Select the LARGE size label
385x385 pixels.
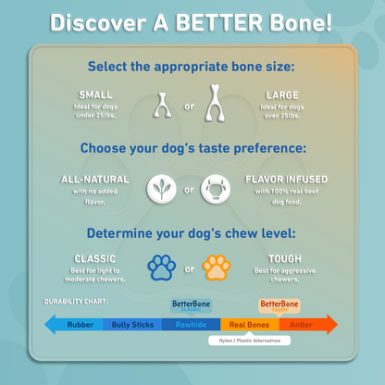[281, 95]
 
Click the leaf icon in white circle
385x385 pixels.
[164, 192]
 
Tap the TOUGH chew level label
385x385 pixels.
[284, 259]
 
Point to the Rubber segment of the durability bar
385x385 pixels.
[80, 324]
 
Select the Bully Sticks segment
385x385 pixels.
[132, 324]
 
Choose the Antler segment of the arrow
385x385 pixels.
[302, 324]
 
